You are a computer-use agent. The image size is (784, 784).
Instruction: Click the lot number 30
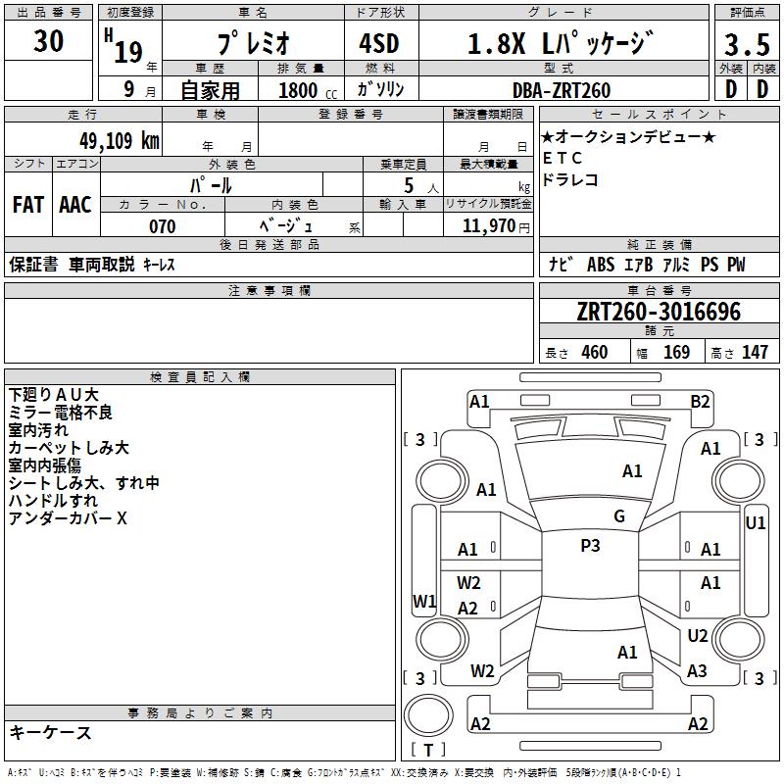point(49,41)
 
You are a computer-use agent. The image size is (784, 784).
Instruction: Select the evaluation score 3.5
point(747,45)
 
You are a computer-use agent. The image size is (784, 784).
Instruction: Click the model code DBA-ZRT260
point(563,90)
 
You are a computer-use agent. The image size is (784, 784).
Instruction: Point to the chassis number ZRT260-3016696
point(659,313)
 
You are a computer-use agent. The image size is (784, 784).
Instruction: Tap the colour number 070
point(163,226)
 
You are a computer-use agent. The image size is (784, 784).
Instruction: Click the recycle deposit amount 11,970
point(487,226)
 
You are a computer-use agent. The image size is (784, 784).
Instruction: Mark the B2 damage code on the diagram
point(700,401)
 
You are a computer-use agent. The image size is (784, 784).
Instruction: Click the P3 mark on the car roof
point(590,546)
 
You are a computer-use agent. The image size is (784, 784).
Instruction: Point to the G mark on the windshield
point(619,516)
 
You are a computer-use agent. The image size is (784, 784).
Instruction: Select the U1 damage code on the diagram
point(756,523)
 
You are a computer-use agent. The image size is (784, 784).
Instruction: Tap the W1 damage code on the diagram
point(424,601)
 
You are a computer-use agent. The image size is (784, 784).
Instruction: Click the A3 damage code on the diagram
point(697,671)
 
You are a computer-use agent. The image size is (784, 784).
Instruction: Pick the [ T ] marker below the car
point(427,751)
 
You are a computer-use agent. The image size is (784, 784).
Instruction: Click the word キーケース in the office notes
point(51,733)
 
